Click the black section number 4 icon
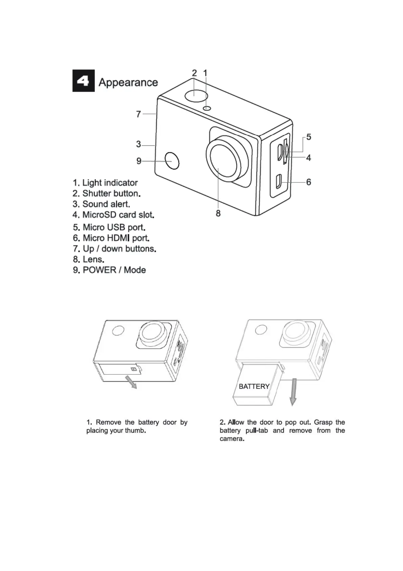pos(83,81)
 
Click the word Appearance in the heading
pos(128,82)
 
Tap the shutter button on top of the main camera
pos(196,95)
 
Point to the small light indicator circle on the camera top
pos(207,108)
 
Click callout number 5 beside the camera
pos(309,137)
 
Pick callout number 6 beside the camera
pos(309,182)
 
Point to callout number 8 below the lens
pos(218,213)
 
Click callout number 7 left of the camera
pos(139,114)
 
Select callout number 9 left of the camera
pos(139,161)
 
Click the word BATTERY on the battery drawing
pos(254,387)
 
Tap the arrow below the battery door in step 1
pos(131,382)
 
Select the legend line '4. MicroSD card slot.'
pos(113,215)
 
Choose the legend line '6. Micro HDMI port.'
pos(111,238)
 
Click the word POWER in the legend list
pos(100,270)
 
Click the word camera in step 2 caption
pos(231,439)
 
